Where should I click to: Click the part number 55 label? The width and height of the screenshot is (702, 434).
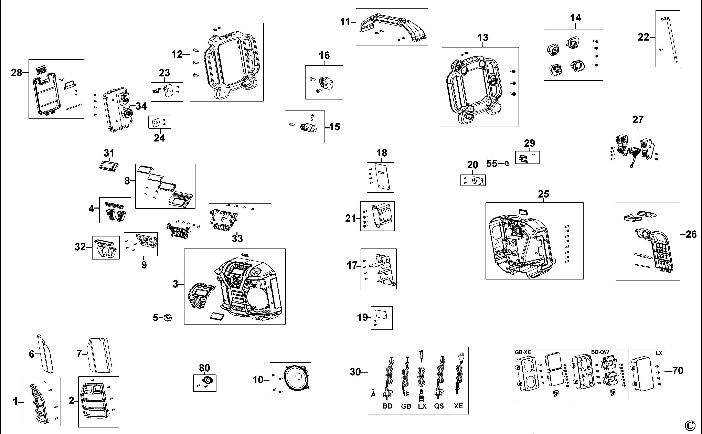click(492, 164)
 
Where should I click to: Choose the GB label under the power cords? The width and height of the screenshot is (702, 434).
click(406, 406)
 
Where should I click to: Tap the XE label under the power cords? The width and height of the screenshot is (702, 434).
click(458, 406)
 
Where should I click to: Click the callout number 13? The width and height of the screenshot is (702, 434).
click(483, 38)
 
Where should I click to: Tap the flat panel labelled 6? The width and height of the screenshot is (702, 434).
click(45, 354)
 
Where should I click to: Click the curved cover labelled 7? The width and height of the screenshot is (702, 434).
click(100, 355)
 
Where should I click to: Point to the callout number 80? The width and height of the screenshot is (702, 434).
click(204, 368)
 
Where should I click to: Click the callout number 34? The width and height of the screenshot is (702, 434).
click(141, 106)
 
